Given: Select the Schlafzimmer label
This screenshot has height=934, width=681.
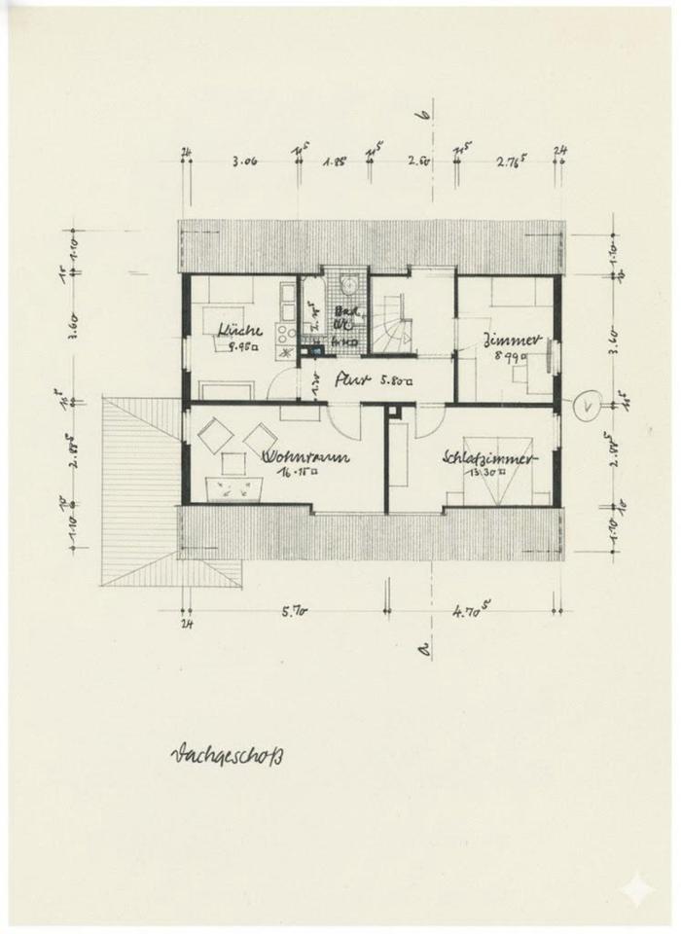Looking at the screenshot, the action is (485, 456).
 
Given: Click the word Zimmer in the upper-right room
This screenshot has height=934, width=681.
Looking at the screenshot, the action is (505, 340).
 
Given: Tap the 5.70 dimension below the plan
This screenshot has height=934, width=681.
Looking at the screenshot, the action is (295, 613).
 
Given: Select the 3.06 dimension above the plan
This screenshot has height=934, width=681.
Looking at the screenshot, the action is (244, 162).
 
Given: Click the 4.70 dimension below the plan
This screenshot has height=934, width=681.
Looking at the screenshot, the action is (472, 613).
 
